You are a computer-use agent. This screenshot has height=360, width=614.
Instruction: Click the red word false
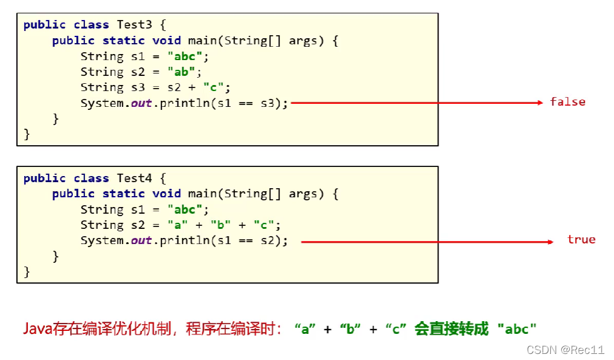[x=567, y=102]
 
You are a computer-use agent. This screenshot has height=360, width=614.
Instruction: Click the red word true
[x=581, y=240]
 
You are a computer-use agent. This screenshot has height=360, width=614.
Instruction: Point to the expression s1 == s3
[x=247, y=103]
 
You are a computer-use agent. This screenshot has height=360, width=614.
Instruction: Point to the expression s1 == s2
[x=247, y=241]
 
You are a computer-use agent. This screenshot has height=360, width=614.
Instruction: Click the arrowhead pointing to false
[x=539, y=103]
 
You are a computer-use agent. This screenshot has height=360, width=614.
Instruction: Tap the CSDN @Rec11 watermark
[x=565, y=350]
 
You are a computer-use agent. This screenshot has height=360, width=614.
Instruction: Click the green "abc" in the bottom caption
[x=517, y=330]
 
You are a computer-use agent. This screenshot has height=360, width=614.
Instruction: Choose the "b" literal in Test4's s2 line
[x=220, y=225]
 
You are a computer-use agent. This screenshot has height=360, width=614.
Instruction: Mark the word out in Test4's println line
[x=142, y=241]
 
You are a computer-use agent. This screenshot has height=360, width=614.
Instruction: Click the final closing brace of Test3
[x=27, y=134]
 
